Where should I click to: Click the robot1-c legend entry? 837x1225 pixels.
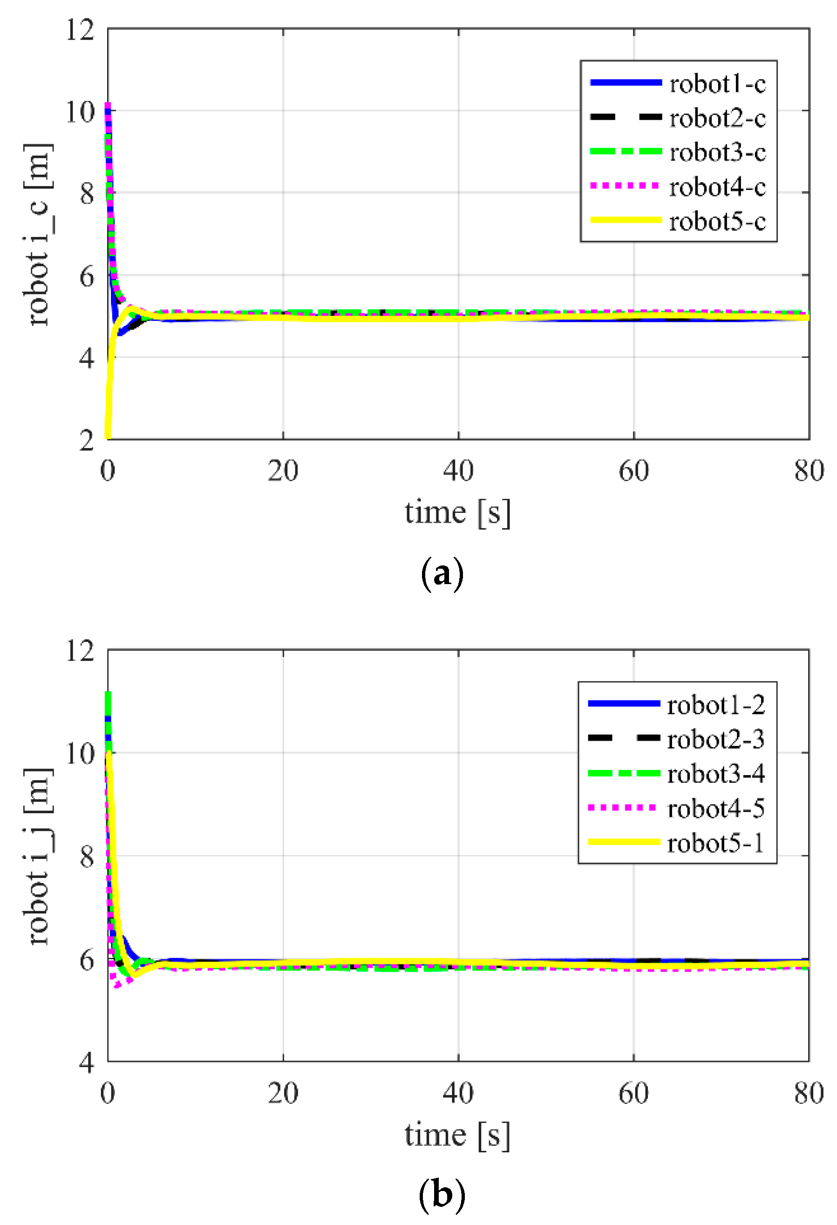pos(717,83)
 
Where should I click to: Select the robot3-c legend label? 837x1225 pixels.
pos(717,152)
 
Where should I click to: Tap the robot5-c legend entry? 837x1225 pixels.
pos(717,221)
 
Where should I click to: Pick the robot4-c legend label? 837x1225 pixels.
pos(717,187)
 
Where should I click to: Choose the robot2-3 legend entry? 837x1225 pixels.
pos(715,739)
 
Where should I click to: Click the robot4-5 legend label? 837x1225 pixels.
pos(715,808)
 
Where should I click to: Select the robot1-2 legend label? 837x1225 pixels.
pos(715,705)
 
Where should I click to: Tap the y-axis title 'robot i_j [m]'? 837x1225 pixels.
pos(38,856)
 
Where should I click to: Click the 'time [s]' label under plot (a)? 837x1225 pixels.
pos(457,513)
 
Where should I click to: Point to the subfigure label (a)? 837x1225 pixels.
pos(442,574)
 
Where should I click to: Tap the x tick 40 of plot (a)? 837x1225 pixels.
pos(458,471)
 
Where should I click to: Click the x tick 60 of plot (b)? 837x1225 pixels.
pos(633,1093)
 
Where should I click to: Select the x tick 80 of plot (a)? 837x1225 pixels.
pos(809,471)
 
